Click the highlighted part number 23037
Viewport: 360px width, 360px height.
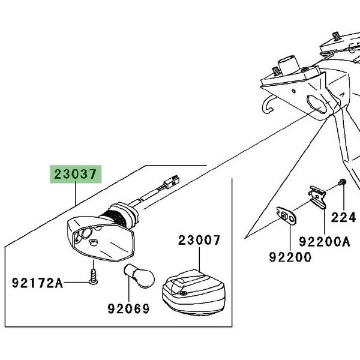click(x=76, y=176)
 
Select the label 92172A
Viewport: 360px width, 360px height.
click(x=37, y=283)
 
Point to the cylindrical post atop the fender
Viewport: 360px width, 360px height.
click(x=289, y=63)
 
